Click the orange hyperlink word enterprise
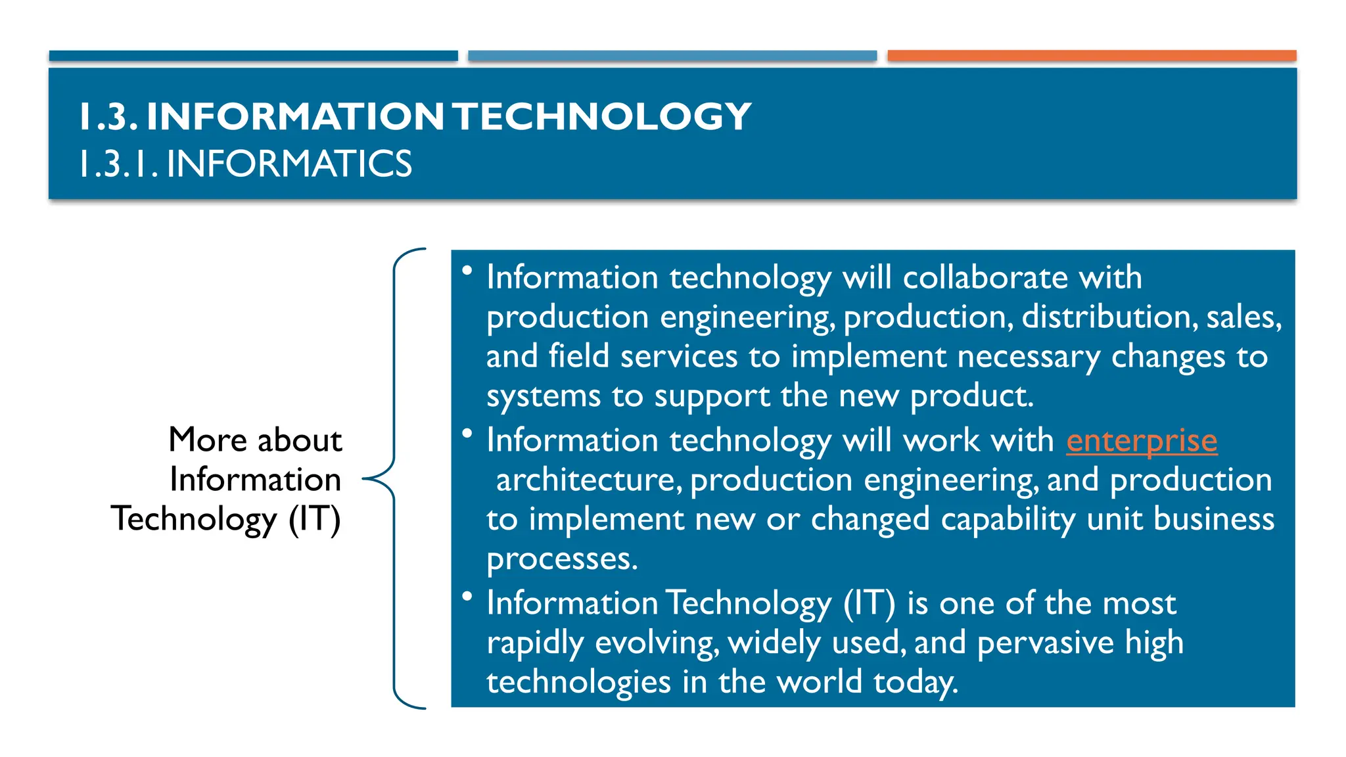pos(1142,440)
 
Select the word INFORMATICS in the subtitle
pos(289,164)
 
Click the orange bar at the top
pos(1092,56)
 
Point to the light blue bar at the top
pos(672,56)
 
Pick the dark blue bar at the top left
pos(253,56)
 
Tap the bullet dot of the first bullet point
pos(467,270)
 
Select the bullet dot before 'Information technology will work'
pos(467,433)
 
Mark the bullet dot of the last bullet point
pos(467,596)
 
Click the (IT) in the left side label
pos(315,519)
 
